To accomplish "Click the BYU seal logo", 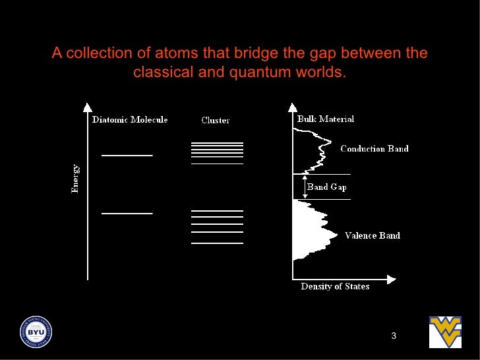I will pos(36,331).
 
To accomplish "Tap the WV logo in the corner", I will pos(445,332).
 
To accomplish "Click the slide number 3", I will pos(394,337).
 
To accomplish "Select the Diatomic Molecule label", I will pos(130,120).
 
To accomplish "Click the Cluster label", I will pos(216,121).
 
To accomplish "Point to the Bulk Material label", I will pos(326,119).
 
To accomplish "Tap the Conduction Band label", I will pos(375,149).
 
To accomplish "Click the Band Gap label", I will pos(327,187).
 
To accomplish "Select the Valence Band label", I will pos(373,235).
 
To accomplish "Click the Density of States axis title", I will pos(335,287).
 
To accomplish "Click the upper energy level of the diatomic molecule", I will pos(127,156).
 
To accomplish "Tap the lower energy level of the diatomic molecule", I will pos(127,214).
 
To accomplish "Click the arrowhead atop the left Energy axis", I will pos(87,107).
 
